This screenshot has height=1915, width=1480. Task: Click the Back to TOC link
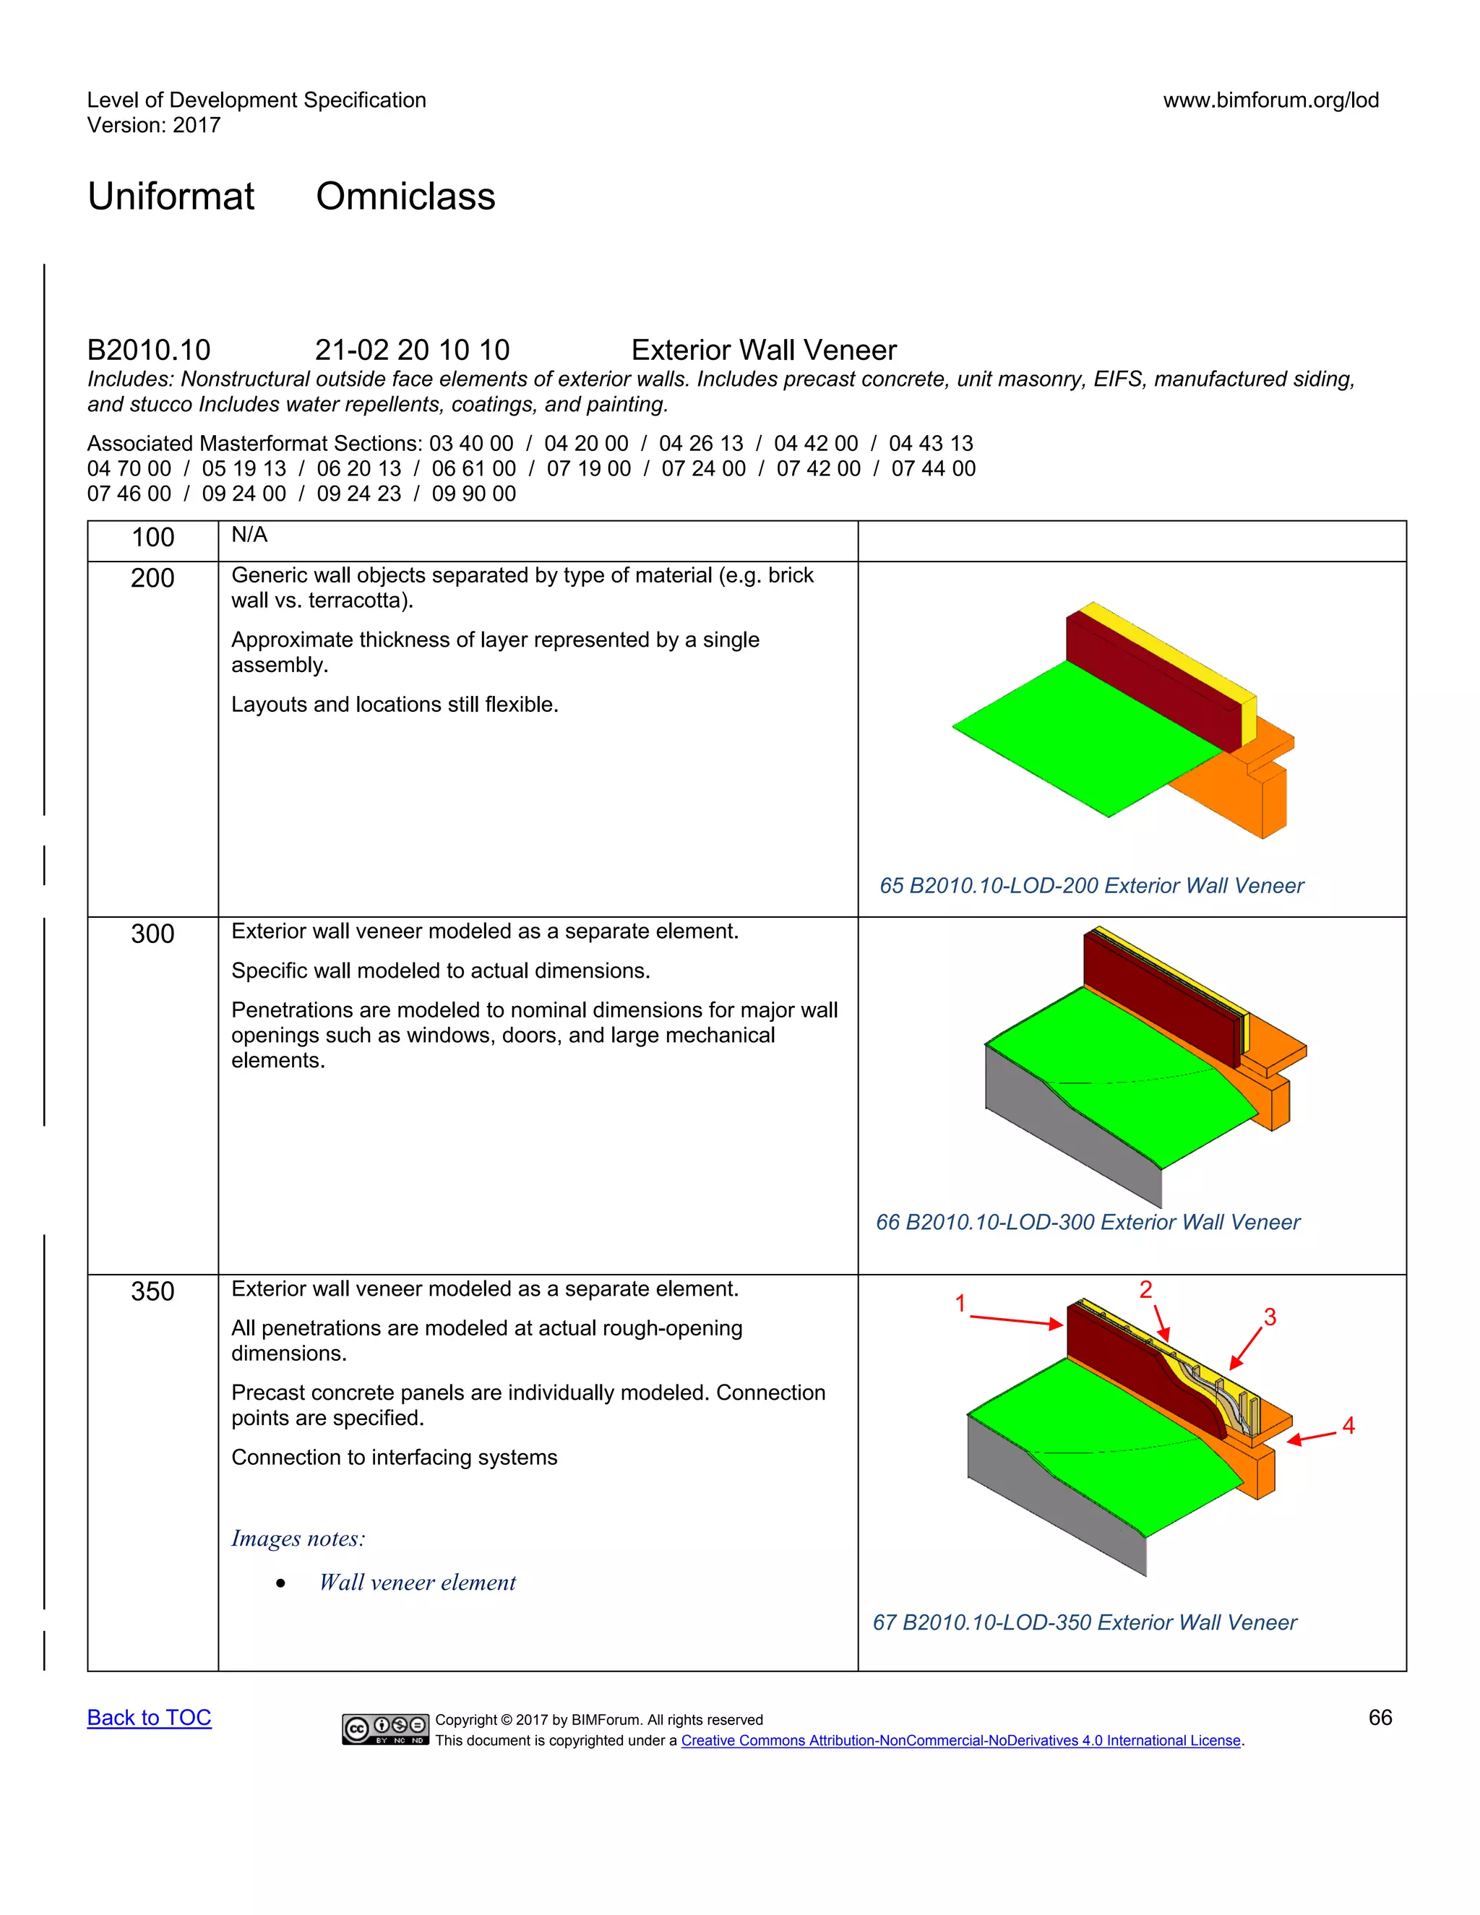pyautogui.click(x=149, y=1718)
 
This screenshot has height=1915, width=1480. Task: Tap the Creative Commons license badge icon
pyautogui.click(x=385, y=1729)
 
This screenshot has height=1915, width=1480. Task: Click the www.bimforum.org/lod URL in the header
pyautogui.click(x=1270, y=100)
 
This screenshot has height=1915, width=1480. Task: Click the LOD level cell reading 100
pyautogui.click(x=152, y=538)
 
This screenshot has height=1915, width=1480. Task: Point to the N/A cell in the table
pyautogui.click(x=249, y=535)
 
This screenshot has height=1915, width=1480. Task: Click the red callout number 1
pyautogui.click(x=960, y=1304)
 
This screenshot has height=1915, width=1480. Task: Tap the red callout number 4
pyautogui.click(x=1348, y=1426)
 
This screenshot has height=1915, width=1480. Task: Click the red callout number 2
pyautogui.click(x=1145, y=1289)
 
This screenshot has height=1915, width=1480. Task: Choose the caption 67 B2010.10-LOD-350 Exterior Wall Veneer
pyautogui.click(x=1084, y=1622)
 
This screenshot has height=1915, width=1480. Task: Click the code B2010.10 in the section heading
pyautogui.click(x=148, y=350)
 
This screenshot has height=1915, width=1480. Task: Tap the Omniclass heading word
pyautogui.click(x=405, y=197)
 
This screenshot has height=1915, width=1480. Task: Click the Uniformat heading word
pyautogui.click(x=171, y=197)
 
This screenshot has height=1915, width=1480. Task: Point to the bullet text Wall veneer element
pyautogui.click(x=418, y=1583)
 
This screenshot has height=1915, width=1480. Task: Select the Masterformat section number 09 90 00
pyautogui.click(x=473, y=494)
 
